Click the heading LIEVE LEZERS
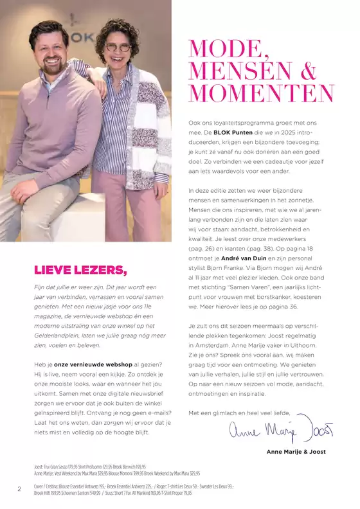click(80, 269)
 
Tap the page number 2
click(19, 490)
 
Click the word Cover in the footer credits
click(41, 487)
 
